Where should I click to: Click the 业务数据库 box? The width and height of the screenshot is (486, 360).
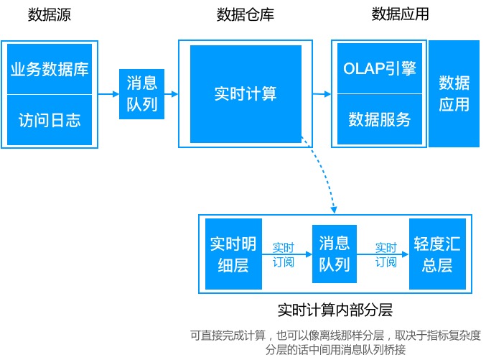click(x=50, y=70)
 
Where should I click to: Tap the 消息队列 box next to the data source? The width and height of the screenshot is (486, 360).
click(x=141, y=94)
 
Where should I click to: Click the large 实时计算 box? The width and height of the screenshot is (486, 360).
click(x=246, y=94)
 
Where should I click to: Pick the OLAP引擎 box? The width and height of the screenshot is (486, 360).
click(x=380, y=70)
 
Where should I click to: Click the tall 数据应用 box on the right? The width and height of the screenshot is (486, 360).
click(x=454, y=94)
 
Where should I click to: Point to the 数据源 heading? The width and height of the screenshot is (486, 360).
click(x=50, y=14)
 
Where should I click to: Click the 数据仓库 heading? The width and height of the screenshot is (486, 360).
click(x=245, y=14)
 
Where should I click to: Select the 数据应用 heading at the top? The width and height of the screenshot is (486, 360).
click(x=400, y=14)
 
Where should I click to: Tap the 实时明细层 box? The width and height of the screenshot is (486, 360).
click(x=233, y=254)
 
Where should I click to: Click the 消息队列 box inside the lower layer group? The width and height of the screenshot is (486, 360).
click(x=334, y=254)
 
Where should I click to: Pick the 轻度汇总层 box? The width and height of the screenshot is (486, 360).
click(x=436, y=254)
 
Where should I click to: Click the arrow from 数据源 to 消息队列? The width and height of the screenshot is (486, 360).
click(x=108, y=94)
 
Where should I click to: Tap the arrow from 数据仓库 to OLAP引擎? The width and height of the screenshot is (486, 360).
click(x=322, y=94)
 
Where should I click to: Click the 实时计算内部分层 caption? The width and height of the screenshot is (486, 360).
click(x=335, y=310)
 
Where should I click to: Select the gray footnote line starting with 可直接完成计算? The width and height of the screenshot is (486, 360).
click(x=335, y=335)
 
